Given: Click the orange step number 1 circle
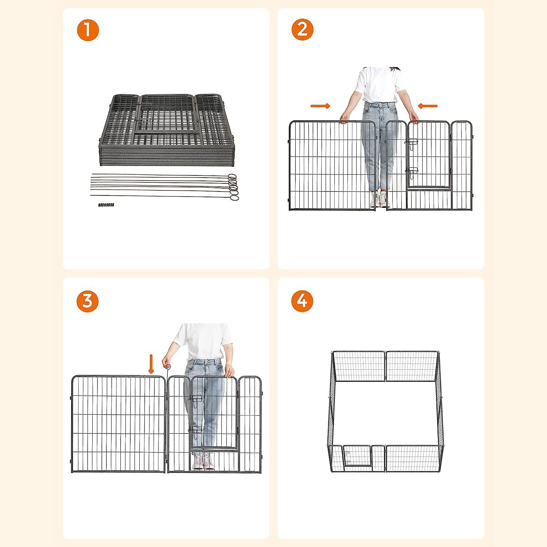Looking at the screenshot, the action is coord(88,30).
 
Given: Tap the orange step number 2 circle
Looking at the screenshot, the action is coord(302,30).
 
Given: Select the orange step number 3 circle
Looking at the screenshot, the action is coord(88,301).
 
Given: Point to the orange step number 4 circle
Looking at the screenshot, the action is coord(302,301).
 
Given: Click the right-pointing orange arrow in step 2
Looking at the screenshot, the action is coord(320,106).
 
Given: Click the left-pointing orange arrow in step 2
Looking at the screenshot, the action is coord(427,106).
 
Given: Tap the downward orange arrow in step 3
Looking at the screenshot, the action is coord(151,364).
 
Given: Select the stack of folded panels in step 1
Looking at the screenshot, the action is coord(166,130).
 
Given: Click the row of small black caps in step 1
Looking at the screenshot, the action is coord(106,205).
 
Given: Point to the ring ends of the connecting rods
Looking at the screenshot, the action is coord(233,187).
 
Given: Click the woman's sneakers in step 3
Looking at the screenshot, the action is coord(203,461).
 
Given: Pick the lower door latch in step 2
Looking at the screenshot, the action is coord(413,172).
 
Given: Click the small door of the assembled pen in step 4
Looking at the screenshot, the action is coord(358,456).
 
